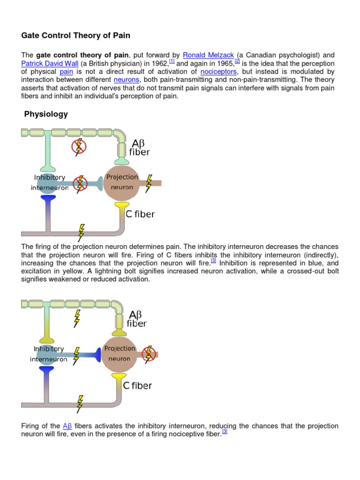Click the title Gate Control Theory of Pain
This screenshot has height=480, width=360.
coord(75,35)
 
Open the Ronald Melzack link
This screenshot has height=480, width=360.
coord(208,55)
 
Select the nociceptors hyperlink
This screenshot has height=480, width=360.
coord(218,72)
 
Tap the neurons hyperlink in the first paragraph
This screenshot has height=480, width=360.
coord(127,80)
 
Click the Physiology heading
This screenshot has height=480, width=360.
coord(46,114)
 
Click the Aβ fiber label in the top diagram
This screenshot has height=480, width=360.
coord(139,148)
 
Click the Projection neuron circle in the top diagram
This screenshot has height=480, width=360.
coord(122,182)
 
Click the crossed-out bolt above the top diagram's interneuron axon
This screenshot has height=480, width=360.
coord(79,147)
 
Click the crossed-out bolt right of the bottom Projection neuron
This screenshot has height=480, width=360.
coord(149,353)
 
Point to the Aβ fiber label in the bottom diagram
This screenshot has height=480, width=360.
coord(137,319)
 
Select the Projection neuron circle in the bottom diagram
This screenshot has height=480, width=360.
coord(120,354)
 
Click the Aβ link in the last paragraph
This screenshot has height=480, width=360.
coord(67,426)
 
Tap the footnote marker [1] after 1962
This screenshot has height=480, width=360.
coord(172,61)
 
